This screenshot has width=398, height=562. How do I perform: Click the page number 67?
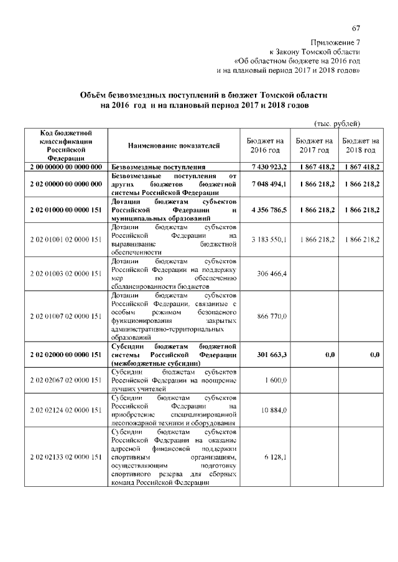click(x=356, y=29)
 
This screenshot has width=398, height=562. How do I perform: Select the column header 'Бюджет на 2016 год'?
click(x=266, y=146)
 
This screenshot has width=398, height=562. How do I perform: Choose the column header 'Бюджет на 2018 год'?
click(x=361, y=146)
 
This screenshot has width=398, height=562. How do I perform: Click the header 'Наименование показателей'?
click(x=174, y=146)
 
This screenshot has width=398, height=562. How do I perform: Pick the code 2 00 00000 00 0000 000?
click(x=65, y=168)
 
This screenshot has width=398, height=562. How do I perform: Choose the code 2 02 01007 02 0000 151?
click(x=65, y=316)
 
